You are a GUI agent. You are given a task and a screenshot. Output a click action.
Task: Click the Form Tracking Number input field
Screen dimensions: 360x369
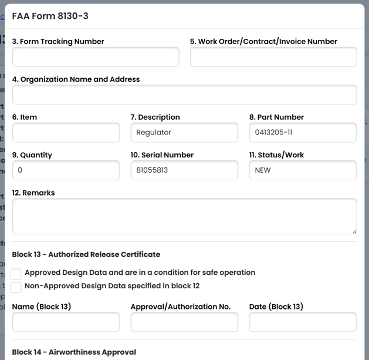coord(96,57)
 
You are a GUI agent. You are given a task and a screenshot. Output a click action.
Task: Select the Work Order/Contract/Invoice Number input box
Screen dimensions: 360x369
coord(273,57)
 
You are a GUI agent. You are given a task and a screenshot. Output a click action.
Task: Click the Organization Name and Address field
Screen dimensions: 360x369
coord(184,95)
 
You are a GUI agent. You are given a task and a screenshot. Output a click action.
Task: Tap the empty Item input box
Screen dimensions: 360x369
coord(66,132)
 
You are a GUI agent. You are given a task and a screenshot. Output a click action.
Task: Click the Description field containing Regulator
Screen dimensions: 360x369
coord(184,132)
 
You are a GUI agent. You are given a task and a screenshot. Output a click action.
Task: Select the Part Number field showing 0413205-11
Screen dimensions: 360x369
coord(303,132)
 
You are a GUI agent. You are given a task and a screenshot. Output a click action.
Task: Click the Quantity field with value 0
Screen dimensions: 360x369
coord(66,170)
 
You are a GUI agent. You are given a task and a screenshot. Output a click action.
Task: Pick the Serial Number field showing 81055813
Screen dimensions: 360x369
coord(184,170)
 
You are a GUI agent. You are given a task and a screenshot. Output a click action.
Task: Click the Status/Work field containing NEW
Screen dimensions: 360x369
coord(303,170)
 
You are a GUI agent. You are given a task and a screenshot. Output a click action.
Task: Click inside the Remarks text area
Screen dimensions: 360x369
coord(184,216)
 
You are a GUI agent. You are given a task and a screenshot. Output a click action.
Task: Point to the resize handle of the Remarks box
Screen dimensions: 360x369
coord(354,231)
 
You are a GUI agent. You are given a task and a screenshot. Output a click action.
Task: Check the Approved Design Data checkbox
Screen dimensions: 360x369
coord(16,274)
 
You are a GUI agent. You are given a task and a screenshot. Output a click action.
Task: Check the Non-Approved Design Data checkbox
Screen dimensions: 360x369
coord(16,287)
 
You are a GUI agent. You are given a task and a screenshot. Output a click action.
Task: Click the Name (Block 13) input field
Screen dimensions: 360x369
coord(66,322)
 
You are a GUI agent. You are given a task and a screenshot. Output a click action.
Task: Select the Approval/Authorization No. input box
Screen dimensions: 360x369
coord(184,322)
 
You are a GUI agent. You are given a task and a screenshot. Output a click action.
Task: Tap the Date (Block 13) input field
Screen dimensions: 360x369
coord(303,322)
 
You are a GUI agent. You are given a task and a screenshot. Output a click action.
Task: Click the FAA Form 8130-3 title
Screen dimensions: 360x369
coord(50,16)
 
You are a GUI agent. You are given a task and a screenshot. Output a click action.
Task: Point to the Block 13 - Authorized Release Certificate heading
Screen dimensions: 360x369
coord(86,254)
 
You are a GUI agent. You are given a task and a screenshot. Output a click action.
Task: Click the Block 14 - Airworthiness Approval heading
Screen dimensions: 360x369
coord(74,352)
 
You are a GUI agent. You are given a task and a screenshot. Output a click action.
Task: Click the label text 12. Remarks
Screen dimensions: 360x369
coord(33,193)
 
